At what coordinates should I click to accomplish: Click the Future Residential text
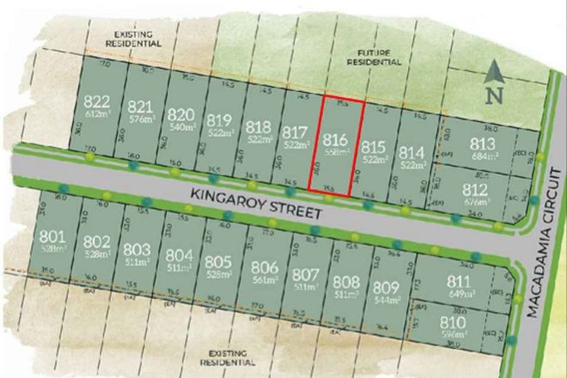[x=374, y=58]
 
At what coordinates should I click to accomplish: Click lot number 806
[x=264, y=267]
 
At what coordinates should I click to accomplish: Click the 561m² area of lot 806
[x=264, y=279]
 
